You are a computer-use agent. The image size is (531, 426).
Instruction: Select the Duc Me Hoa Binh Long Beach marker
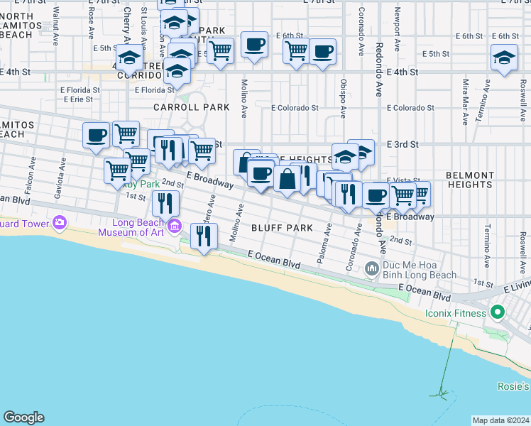(x=371, y=269)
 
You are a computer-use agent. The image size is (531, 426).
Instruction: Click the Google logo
(x=23, y=417)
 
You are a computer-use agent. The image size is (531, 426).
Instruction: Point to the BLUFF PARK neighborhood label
(x=282, y=228)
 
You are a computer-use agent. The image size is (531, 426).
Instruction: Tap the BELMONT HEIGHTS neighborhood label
(x=470, y=180)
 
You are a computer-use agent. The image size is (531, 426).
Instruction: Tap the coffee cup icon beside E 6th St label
(x=253, y=45)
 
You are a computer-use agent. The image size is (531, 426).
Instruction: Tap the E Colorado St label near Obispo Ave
(x=295, y=108)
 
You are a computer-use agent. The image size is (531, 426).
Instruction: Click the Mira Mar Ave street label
(x=466, y=92)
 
